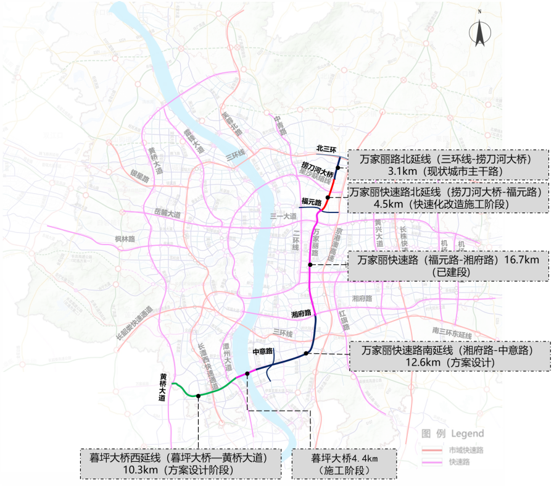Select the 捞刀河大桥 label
tap(317, 165)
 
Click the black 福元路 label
tap(312, 201)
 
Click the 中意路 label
tap(263, 351)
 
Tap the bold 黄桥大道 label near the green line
tap(163, 388)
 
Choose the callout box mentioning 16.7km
tap(449, 266)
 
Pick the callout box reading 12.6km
tap(449, 356)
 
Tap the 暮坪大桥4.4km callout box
tap(344, 464)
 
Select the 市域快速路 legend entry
tap(466, 450)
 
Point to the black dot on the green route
tap(198, 395)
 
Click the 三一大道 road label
tap(284, 216)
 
